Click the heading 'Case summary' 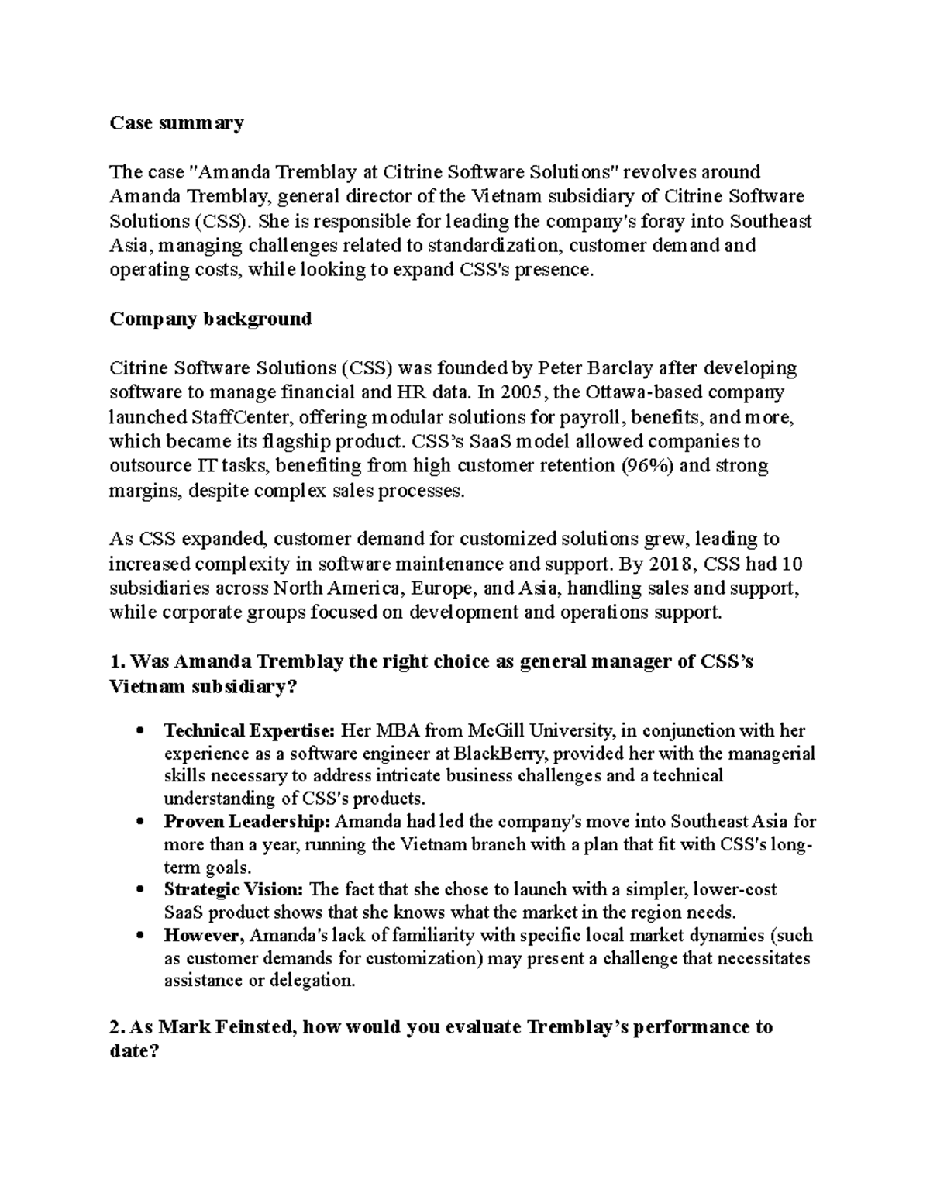177,122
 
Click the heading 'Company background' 211,319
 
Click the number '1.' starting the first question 117,662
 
